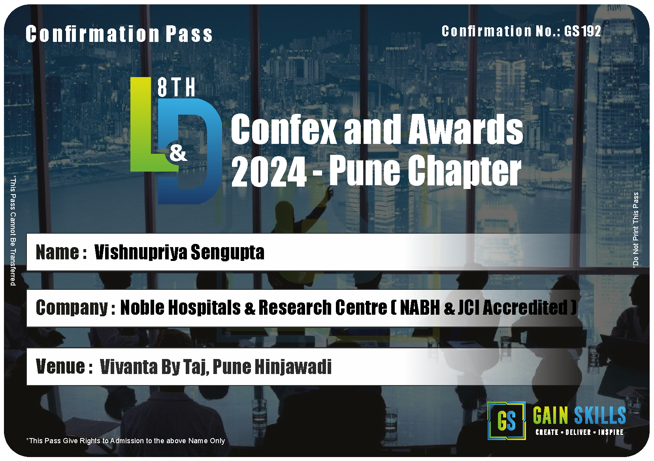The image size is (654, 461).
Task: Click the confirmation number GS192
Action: pos(582,31)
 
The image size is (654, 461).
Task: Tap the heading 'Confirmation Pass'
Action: pos(119,34)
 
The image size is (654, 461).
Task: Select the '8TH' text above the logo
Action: pos(176,87)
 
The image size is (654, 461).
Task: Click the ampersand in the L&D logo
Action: pos(178,153)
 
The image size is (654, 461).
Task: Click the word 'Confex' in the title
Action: pos(284,129)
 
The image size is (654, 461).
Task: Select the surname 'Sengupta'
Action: pos(228,252)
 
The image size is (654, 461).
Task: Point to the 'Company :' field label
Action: pos(75,308)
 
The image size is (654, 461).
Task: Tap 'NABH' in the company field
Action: pos(420,308)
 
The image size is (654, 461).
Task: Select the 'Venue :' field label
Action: pos(64,367)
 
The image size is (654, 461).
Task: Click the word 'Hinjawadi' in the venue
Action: pos(293,367)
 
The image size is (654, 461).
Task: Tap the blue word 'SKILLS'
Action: pos(600,415)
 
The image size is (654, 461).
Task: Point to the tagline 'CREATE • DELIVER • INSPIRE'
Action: pos(580,432)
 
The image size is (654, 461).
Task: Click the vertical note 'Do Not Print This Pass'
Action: pos(635,230)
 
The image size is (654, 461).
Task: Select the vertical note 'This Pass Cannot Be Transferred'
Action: pos(13,230)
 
